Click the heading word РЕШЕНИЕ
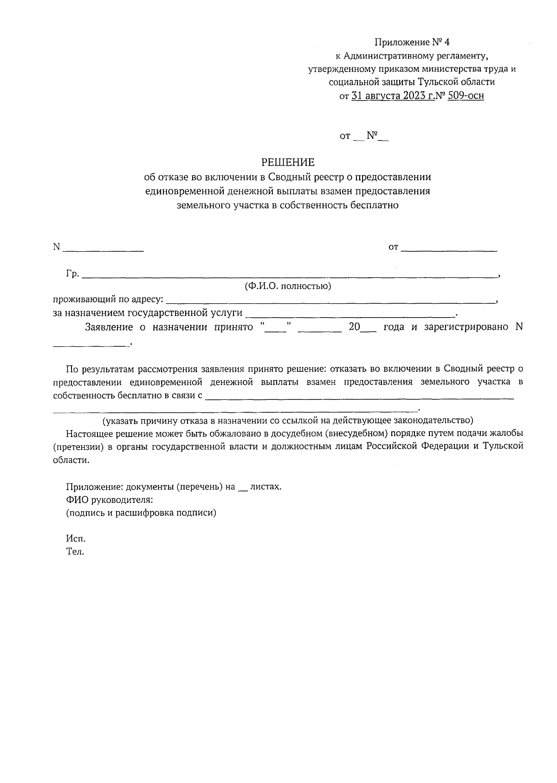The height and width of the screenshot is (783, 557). coord(288,163)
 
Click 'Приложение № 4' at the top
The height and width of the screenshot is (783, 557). coord(412,43)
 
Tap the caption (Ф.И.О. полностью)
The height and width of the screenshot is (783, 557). coord(288,287)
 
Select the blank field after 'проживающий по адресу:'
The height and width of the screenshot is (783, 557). coord(330,301)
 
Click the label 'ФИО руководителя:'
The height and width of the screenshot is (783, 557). coord(110,500)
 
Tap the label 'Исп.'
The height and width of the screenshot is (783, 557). coord(76,539)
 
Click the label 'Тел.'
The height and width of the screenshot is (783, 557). coord(75,553)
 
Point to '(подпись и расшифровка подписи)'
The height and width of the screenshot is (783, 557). coord(141,513)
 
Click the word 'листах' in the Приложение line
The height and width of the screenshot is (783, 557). coord(265,487)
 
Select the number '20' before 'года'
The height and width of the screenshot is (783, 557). coord(354,327)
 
